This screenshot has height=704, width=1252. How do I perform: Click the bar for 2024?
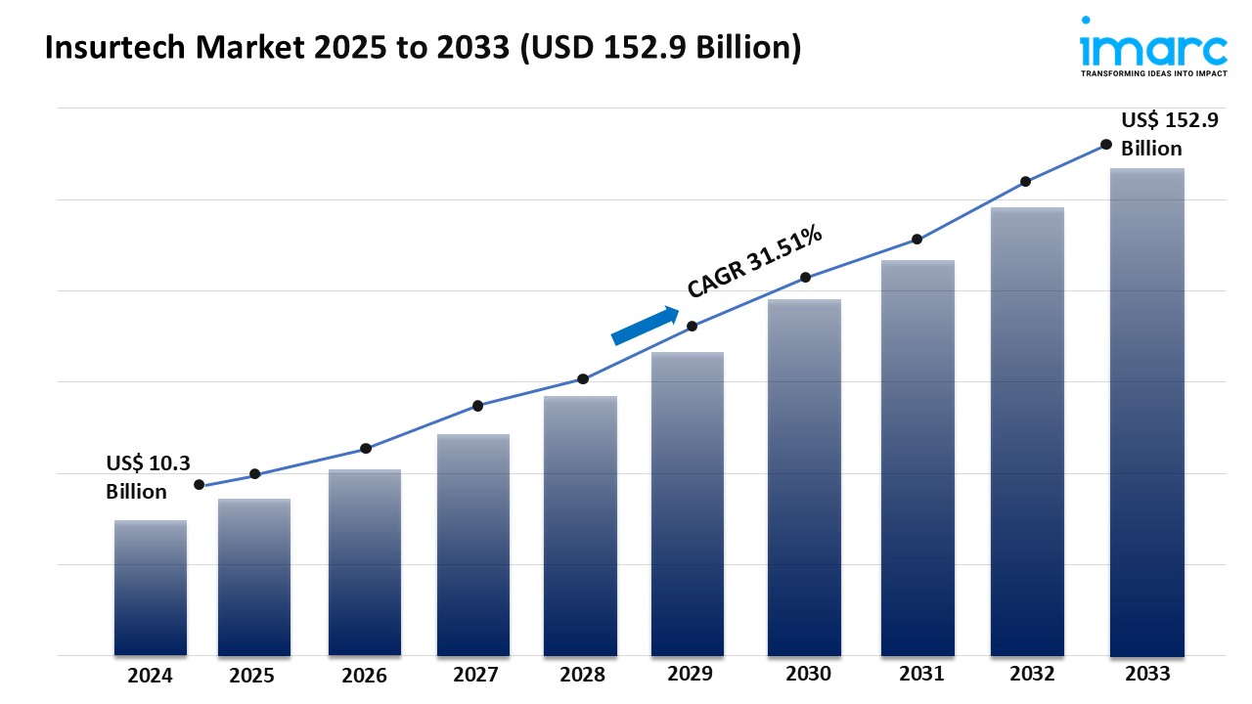pyautogui.click(x=151, y=588)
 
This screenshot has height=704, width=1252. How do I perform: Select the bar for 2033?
pyautogui.click(x=1146, y=412)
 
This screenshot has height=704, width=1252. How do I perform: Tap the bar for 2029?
pyautogui.click(x=688, y=504)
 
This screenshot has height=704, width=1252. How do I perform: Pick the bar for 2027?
pyautogui.click(x=473, y=545)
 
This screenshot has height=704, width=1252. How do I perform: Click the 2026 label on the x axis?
pyautogui.click(x=365, y=675)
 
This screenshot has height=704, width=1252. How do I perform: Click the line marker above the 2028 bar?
pyautogui.click(x=583, y=378)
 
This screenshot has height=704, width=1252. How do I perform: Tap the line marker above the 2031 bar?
pyautogui.click(x=917, y=240)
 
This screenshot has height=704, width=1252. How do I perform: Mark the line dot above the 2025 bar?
pyautogui.click(x=255, y=474)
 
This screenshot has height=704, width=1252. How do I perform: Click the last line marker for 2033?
pyautogui.click(x=1106, y=144)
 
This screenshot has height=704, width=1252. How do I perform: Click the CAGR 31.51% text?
pyautogui.click(x=754, y=261)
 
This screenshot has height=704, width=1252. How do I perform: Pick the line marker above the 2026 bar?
pyautogui.click(x=365, y=448)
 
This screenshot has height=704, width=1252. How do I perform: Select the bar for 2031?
pyautogui.click(x=917, y=458)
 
